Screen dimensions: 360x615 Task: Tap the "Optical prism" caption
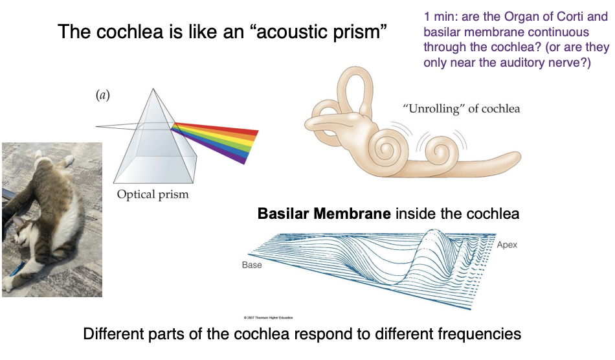(152, 194)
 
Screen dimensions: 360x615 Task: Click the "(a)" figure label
(102, 96)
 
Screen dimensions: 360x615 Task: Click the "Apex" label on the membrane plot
(507, 245)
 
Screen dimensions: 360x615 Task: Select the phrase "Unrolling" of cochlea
(461, 108)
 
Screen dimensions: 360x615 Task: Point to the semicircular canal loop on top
(355, 87)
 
